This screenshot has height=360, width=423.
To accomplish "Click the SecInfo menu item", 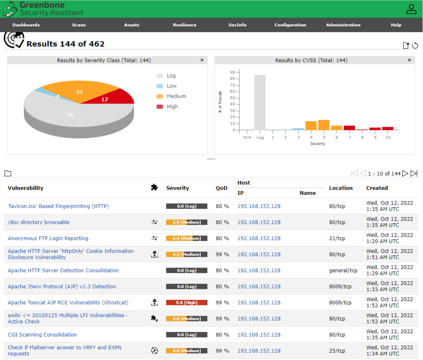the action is point(238,25).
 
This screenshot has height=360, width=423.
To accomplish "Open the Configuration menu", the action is point(290,25).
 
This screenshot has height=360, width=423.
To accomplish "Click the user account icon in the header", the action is point(411,9).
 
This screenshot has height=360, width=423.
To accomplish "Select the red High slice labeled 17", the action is point(113,97).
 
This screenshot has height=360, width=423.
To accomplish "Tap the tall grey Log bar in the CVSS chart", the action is point(260,102).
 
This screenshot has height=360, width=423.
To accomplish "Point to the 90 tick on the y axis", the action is point(233,72).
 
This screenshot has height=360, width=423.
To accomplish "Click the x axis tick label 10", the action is point(387,137).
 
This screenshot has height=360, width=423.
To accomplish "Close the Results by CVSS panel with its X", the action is point(409,60).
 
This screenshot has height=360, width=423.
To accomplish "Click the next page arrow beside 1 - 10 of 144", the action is point(405,173).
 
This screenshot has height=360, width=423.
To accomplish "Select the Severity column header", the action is point(178,188).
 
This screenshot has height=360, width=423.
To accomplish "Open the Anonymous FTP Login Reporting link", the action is point(48,238).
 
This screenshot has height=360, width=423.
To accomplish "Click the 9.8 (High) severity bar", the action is point(187,303).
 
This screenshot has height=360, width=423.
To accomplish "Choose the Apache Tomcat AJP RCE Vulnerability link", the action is point(68,303).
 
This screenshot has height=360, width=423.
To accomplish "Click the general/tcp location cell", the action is point(343,270).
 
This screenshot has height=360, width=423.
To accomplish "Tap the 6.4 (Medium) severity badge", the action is point(187,238).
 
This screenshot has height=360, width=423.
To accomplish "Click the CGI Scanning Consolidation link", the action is point(43,335).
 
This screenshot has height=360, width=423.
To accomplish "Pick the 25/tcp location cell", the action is point(337,351).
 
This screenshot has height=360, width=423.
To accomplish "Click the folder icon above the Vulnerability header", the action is point(8,173).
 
